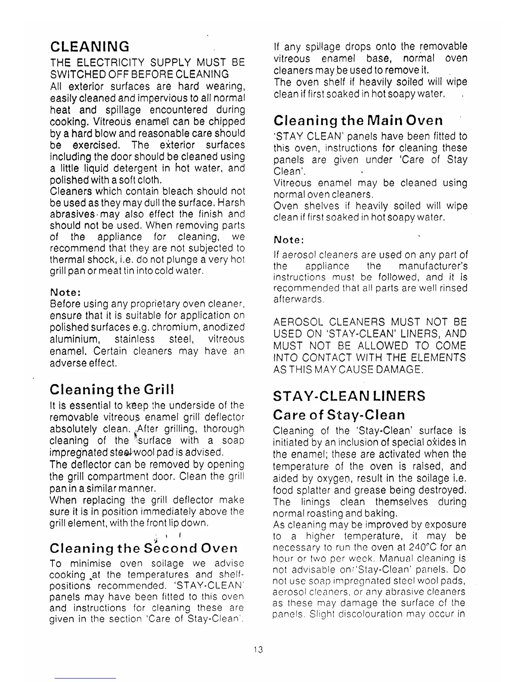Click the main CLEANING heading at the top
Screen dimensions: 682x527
pyautogui.click(x=90, y=46)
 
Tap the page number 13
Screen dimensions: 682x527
pyautogui.click(x=258, y=649)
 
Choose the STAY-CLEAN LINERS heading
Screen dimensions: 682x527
pyautogui.click(x=349, y=396)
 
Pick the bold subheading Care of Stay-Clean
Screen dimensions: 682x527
pyautogui.click(x=339, y=415)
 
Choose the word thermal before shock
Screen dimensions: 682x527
pyautogui.click(x=67, y=260)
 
